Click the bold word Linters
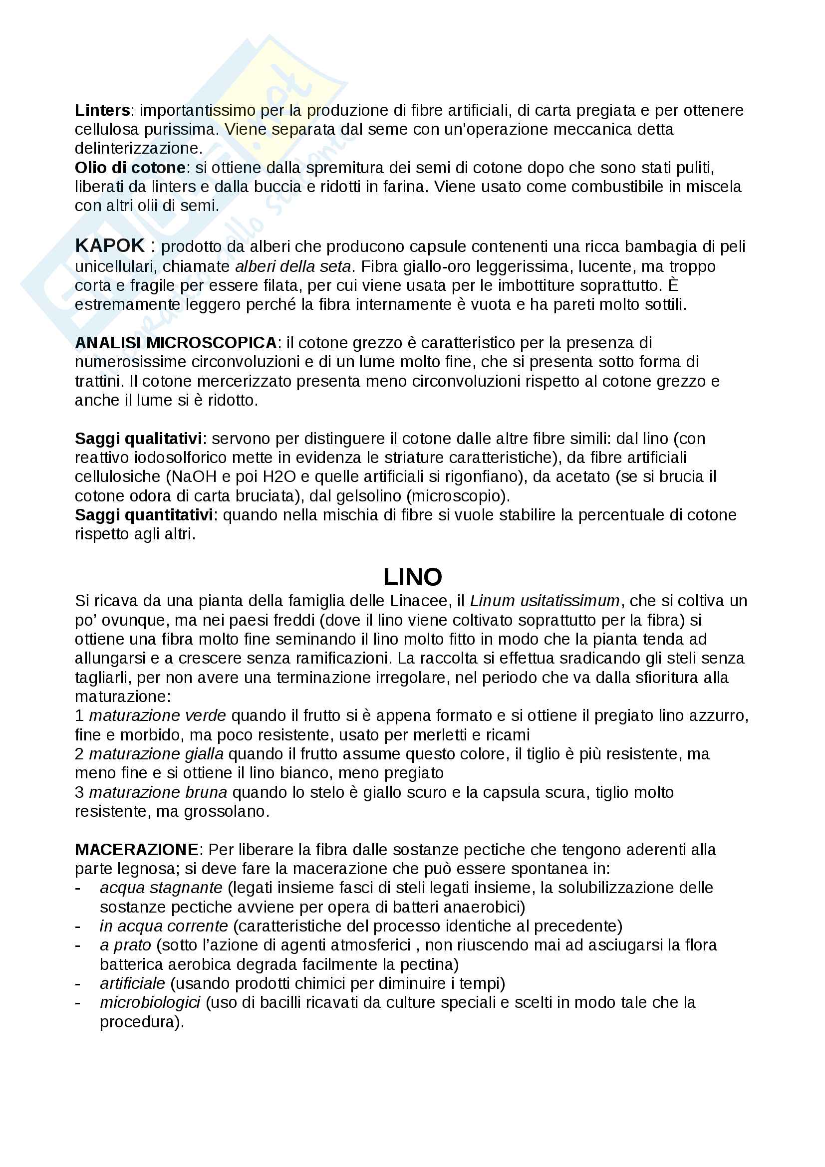click(102, 110)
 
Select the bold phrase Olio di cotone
click(130, 168)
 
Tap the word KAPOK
click(110, 246)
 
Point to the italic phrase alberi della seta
click(293, 266)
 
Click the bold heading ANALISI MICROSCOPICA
click(176, 343)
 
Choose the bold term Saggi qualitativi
click(138, 439)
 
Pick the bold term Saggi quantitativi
click(144, 515)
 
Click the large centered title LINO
click(412, 577)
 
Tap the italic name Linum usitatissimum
click(545, 601)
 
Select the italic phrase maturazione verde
click(158, 715)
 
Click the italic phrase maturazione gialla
click(156, 754)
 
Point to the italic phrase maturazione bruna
click(158, 792)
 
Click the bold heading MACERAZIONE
click(136, 850)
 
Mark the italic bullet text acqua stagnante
click(161, 888)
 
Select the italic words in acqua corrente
click(164, 926)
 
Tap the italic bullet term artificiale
click(133, 983)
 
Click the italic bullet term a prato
click(126, 945)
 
